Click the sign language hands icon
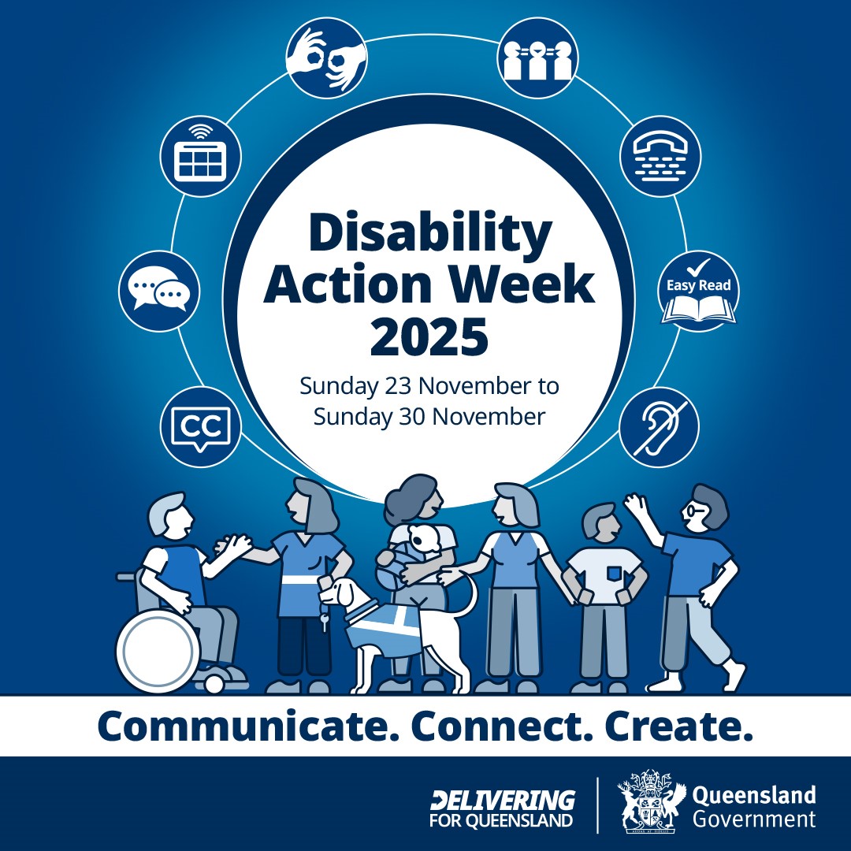[325, 58]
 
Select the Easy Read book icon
[698, 292]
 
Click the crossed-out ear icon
[659, 428]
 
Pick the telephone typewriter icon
[660, 156]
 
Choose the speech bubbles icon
[159, 292]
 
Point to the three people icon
[538, 58]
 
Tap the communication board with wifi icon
[199, 156]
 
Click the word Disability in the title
[430, 235]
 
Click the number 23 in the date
[384, 387]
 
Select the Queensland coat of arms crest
[648, 803]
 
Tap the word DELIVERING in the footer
[503, 801]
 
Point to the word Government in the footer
[754, 819]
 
